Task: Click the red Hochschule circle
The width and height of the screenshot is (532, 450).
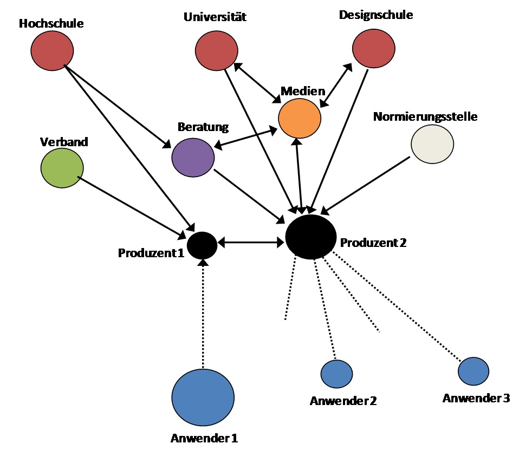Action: [52, 50]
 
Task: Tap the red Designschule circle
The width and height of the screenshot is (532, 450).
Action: [373, 48]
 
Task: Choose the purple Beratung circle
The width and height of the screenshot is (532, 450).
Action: [193, 158]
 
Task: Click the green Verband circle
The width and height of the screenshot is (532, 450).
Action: [62, 168]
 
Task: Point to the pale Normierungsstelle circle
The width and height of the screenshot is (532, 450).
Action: [432, 144]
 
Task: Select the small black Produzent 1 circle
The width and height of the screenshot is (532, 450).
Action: [202, 245]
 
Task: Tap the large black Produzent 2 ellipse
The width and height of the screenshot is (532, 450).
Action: [311, 237]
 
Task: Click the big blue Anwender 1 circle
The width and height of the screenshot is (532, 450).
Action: [203, 397]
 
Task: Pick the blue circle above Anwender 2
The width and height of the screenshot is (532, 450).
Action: [336, 373]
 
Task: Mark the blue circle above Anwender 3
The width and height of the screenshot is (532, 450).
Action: [473, 371]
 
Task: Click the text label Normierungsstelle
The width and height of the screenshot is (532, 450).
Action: [425, 116]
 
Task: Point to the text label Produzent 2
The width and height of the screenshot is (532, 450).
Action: [373, 243]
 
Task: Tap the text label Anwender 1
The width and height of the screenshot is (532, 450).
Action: [204, 438]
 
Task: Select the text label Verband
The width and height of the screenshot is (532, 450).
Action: [64, 142]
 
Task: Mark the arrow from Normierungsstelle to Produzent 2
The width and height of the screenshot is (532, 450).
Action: [366, 184]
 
